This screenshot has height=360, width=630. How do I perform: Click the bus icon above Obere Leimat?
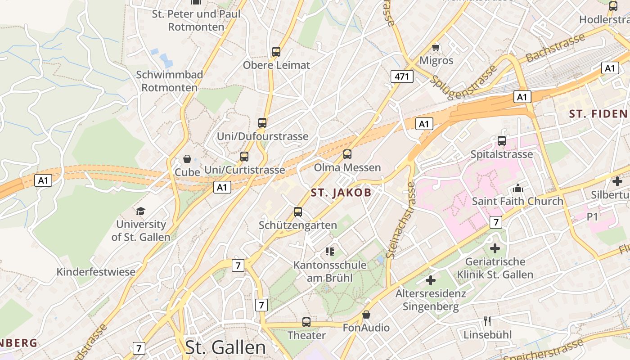pos(276,52)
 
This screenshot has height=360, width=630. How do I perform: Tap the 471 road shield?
pos(401,76)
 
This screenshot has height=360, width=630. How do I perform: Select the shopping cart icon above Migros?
pos(436,47)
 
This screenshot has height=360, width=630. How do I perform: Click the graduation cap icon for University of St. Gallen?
pos(141,211)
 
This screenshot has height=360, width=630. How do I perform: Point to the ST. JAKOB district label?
pos(341,193)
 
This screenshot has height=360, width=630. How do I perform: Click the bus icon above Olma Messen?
pos(347,154)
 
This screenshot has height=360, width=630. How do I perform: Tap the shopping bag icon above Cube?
pos(187,159)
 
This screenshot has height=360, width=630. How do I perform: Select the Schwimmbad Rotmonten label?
pos(170,81)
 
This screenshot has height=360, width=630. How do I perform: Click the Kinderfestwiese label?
pos(96,272)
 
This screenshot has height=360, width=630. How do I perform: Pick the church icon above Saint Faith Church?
pos(517,188)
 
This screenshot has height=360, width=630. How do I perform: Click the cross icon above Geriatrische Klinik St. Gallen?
pos(495,248)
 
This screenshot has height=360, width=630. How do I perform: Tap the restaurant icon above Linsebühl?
pos(487,321)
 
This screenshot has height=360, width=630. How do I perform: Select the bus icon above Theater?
pos(306,322)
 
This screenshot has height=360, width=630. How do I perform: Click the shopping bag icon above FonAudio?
pos(366,315)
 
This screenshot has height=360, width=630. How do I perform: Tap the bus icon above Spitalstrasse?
pos(502,141)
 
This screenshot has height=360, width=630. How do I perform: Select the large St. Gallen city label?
pos(225,347)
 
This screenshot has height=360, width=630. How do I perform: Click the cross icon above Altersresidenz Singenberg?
pos(431,280)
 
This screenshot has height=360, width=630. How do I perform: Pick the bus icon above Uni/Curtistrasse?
pos(244,157)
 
